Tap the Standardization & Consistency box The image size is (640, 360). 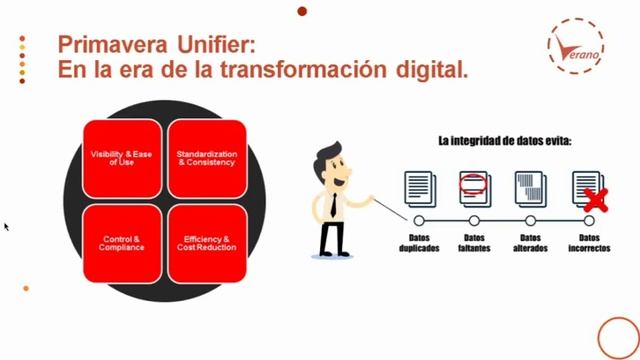206,158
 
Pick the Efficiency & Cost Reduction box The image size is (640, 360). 207,242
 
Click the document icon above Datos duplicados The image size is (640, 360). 419,188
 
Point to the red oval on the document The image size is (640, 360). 474,183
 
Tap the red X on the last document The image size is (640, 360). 596,197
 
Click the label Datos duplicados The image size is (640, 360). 419,242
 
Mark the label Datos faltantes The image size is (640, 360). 475,242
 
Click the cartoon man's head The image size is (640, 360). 329,161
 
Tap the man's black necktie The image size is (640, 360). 331,204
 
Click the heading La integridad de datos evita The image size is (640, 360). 504,142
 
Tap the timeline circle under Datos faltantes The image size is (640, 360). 475,219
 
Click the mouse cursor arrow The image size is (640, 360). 6,226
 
